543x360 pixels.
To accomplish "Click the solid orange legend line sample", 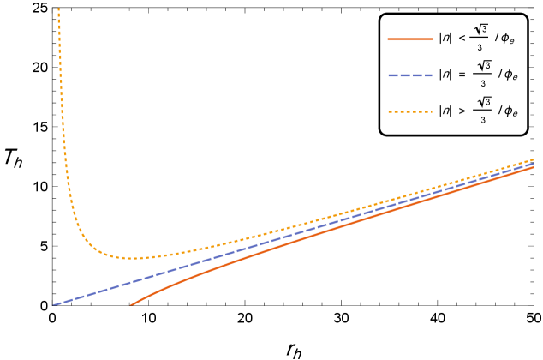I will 410,39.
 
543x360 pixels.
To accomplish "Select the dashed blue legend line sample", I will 410,75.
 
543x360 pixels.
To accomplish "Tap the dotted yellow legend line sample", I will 410,111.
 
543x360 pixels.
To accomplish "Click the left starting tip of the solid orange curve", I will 131,304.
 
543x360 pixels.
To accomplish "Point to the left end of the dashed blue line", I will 54,304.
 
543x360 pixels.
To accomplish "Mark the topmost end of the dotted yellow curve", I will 58,9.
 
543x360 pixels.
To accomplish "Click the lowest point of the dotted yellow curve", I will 134,258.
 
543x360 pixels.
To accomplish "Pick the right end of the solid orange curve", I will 533,167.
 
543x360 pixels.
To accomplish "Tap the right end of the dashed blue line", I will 533,164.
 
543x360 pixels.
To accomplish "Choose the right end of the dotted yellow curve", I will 533,159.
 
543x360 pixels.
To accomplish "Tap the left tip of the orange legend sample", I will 388,39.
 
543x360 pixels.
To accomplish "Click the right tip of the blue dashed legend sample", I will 433,75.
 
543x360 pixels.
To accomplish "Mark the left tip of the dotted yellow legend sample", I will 388,111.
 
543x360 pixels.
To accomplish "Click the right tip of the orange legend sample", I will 433,39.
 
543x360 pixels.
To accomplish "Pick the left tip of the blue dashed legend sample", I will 388,75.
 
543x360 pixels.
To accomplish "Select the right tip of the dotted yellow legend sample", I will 433,111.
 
